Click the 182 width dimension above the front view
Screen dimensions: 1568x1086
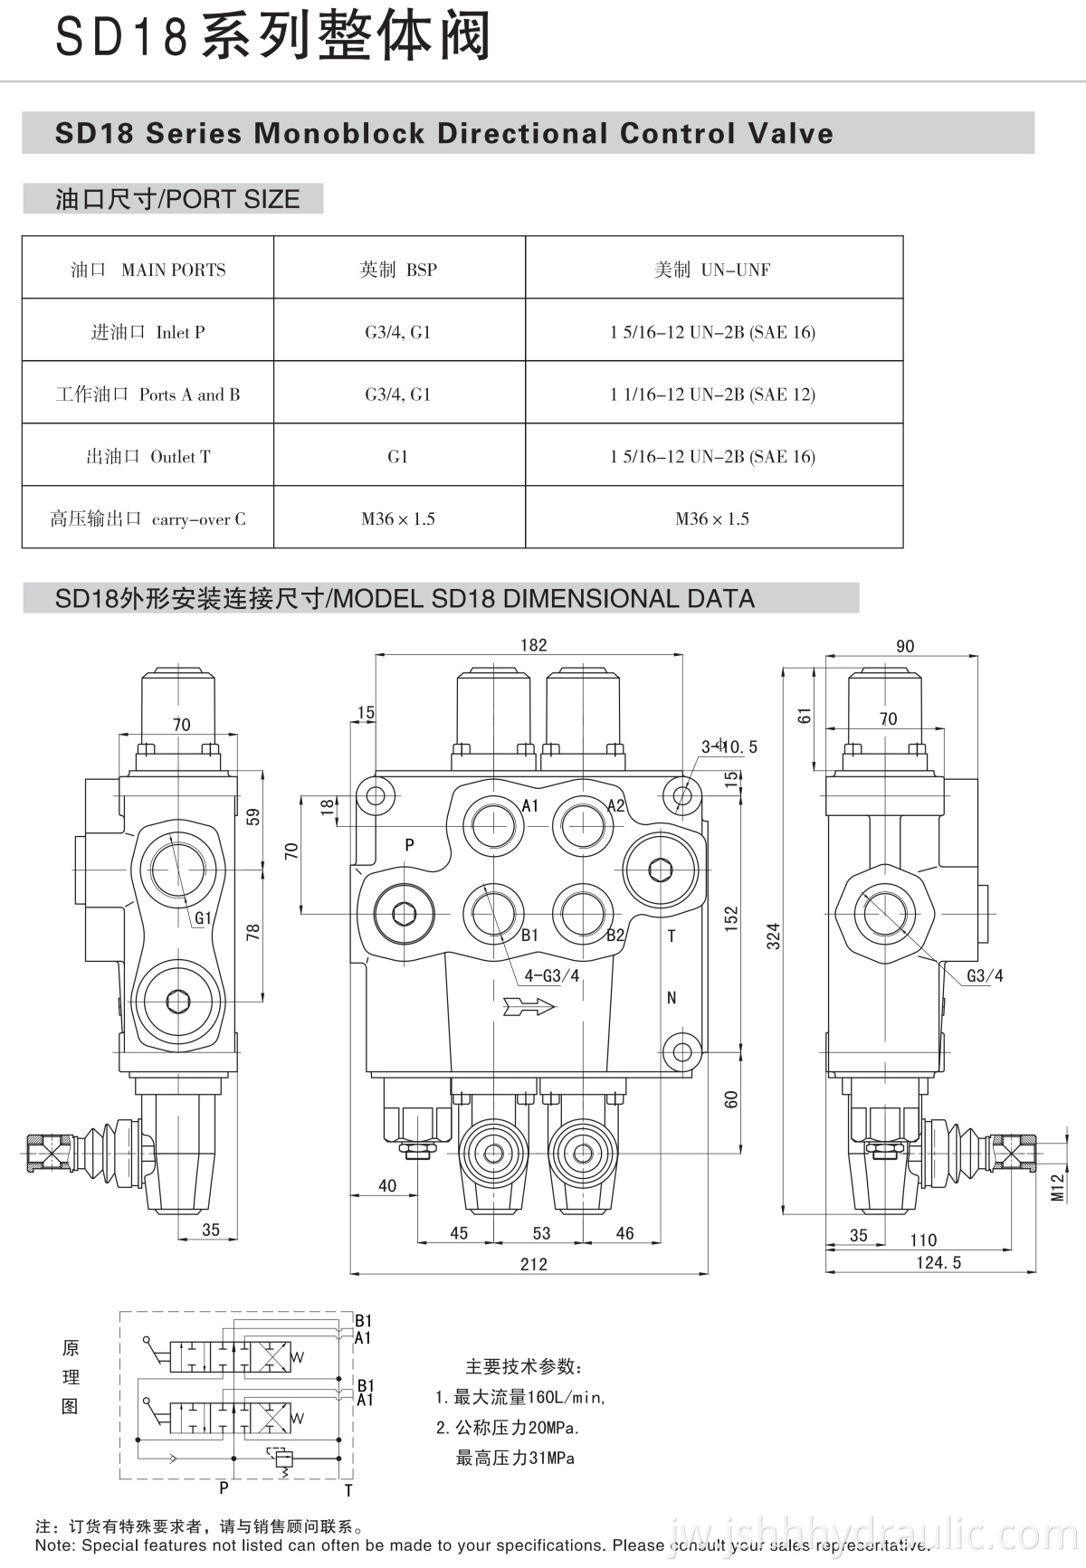pyautogui.click(x=533, y=645)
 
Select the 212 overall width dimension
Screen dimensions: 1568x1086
pyautogui.click(x=533, y=1264)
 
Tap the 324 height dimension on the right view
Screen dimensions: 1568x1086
pyautogui.click(x=773, y=936)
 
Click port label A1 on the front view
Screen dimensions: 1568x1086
pyautogui.click(x=530, y=805)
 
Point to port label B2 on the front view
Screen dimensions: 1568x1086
pyautogui.click(x=615, y=936)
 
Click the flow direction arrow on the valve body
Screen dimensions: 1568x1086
pyautogui.click(x=530, y=1006)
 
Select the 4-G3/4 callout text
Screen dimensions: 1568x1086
pyautogui.click(x=551, y=976)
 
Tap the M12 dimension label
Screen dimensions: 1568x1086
pyautogui.click(x=1057, y=1187)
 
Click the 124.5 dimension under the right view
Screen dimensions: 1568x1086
pyautogui.click(x=938, y=1262)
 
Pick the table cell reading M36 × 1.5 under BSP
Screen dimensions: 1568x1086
pyautogui.click(x=398, y=518)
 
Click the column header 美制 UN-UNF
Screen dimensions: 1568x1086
pyautogui.click(x=712, y=270)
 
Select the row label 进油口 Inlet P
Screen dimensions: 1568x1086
pyautogui.click(x=148, y=332)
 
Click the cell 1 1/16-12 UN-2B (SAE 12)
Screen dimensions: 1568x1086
pyautogui.click(x=712, y=394)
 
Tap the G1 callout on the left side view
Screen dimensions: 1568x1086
pyautogui.click(x=203, y=918)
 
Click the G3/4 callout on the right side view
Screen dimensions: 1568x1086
pyautogui.click(x=985, y=975)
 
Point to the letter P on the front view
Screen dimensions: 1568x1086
pyautogui.click(x=409, y=845)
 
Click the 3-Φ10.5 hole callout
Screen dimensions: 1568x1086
pyautogui.click(x=729, y=746)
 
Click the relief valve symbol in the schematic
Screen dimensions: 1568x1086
pyautogui.click(x=282, y=1458)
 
